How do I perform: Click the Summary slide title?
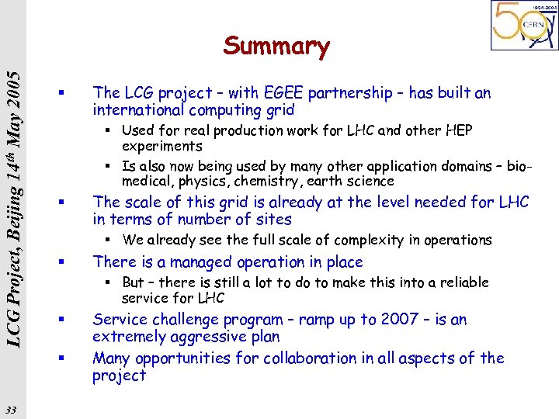[x=276, y=47]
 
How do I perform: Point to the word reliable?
[x=462, y=282]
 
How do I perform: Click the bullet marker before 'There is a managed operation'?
[x=61, y=262]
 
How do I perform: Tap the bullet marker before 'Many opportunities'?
[x=61, y=358]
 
